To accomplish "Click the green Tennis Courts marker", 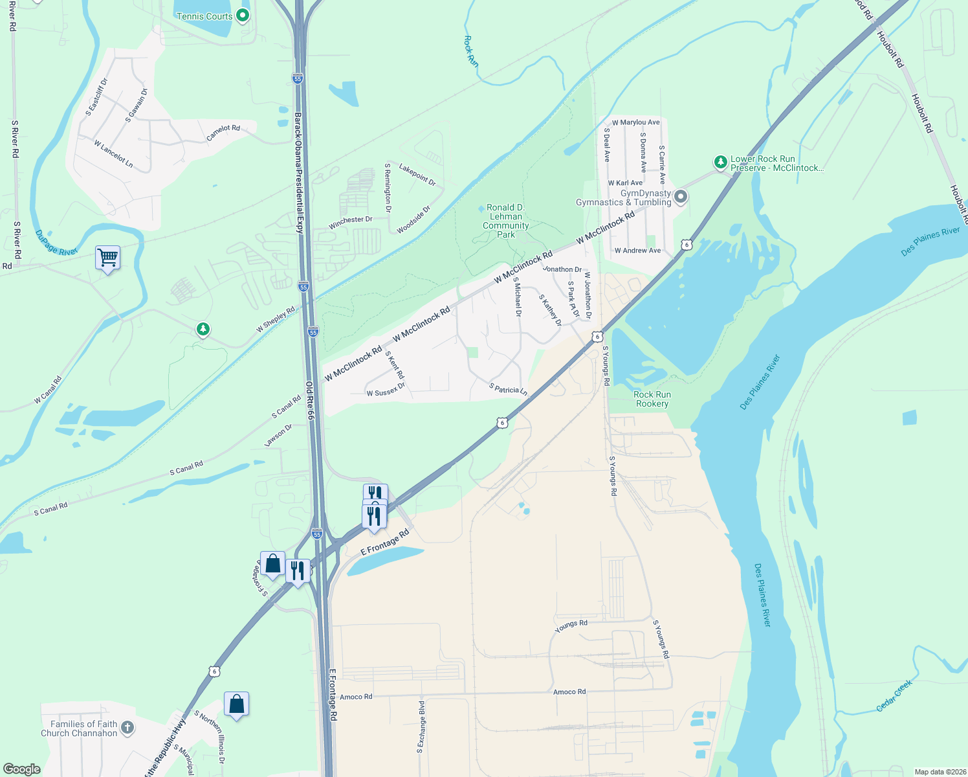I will (243, 15).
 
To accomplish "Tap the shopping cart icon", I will (107, 258).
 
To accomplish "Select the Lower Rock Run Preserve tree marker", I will (720, 162).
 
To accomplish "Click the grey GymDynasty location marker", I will (680, 197).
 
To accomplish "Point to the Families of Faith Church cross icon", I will (127, 728).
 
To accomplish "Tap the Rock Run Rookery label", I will (652, 399).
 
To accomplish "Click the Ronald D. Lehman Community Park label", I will (506, 221).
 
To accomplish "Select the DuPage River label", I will (56, 242).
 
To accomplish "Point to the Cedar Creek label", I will (894, 695).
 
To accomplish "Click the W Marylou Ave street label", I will (635, 122).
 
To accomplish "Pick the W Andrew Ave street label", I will (637, 251).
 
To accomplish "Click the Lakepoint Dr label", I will (417, 175).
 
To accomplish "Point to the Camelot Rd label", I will (223, 133).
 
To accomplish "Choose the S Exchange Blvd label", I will (421, 726).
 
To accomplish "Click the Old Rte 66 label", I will (309, 401).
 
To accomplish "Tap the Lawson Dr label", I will (278, 435).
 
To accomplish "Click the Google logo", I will (22, 769).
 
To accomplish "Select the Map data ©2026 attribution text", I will (938, 772).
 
